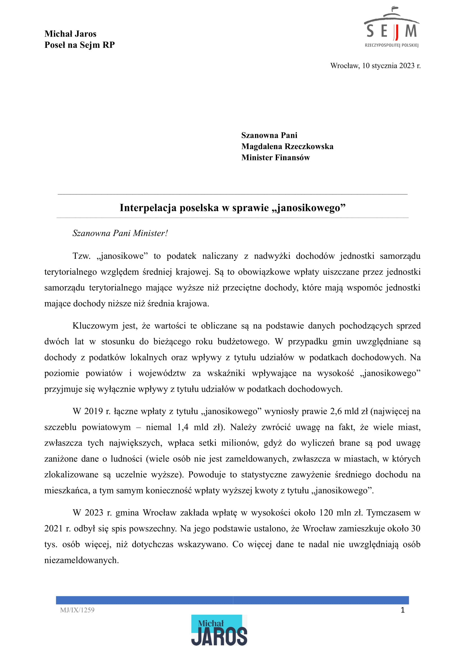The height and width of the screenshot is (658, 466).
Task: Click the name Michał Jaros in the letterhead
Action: [x=70, y=34]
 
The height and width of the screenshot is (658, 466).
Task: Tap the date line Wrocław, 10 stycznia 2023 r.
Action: [x=375, y=66]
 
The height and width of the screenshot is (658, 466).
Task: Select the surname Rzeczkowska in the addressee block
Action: [x=309, y=146]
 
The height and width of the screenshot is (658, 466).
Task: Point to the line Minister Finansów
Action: [x=275, y=158]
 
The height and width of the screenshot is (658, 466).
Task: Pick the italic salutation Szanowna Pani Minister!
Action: [x=120, y=233]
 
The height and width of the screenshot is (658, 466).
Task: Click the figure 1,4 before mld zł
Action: [x=183, y=427]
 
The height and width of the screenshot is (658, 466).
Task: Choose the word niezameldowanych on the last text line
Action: [x=82, y=560]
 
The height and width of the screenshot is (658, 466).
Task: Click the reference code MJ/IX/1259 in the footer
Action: [x=77, y=610]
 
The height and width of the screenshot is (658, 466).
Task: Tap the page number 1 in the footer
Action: [x=403, y=610]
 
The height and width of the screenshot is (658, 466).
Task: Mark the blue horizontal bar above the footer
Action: [x=232, y=600]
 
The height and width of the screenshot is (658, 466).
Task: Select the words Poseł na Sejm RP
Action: [x=79, y=45]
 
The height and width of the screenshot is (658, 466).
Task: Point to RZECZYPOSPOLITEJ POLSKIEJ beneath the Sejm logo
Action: [x=391, y=45]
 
